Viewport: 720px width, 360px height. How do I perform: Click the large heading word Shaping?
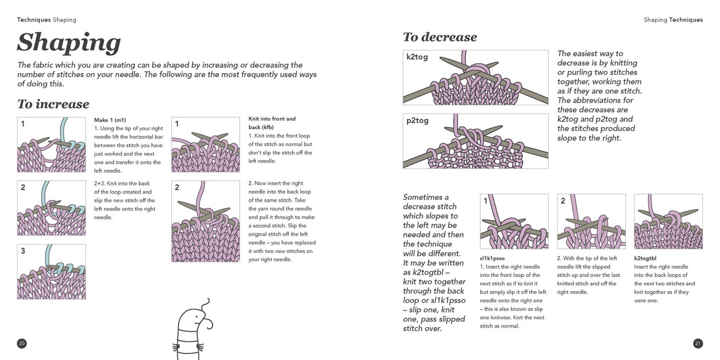pos(69,43)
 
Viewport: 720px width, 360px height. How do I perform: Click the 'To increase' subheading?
pos(53,104)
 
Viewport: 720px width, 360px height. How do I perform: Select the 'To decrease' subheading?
pos(439,37)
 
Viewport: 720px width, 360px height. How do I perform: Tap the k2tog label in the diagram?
pos(417,57)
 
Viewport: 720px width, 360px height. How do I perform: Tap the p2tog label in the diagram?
pos(417,121)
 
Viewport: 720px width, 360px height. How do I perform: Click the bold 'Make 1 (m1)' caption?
pos(110,120)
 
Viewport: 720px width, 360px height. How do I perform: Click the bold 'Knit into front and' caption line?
pos(272,119)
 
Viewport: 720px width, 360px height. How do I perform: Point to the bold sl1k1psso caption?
pos(492,258)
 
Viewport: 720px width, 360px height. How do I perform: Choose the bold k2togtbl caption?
pos(645,258)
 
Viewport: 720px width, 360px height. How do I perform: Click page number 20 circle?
pos(22,343)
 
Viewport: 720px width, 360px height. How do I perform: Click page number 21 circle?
pos(698,343)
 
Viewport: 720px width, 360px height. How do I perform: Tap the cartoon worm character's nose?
pos(208,323)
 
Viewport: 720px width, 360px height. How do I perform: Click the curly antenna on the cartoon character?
pos(206,302)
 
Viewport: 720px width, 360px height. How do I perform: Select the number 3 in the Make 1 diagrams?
pos(23,251)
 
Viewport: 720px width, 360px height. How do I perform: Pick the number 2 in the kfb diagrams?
pos(177,187)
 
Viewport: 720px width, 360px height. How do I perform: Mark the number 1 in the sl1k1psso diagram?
pos(485,200)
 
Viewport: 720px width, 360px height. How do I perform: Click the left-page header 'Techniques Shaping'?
pos(46,20)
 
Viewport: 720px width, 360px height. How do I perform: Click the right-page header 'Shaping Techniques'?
pos(673,20)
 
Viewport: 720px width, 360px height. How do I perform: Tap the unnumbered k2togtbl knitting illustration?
pos(668,222)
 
